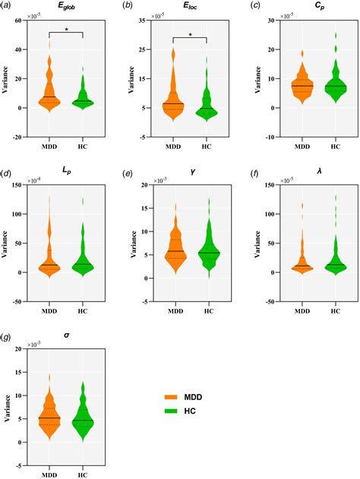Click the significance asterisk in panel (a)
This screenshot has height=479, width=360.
click(x=65, y=30)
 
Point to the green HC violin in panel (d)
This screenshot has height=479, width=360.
click(x=82, y=262)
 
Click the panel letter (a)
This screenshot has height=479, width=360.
click(x=8, y=6)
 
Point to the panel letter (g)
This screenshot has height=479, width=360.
click(x=8, y=336)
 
